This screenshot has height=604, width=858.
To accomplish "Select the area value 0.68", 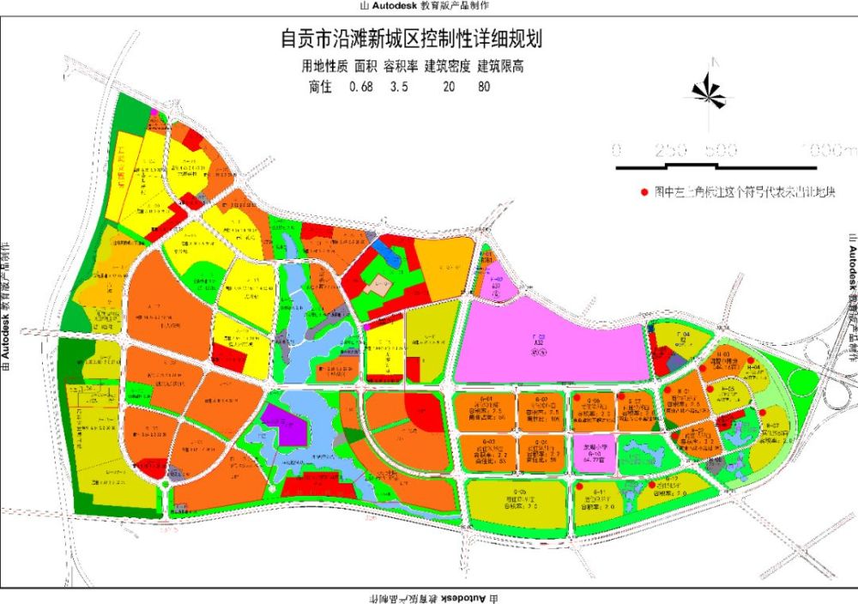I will coord(360,86).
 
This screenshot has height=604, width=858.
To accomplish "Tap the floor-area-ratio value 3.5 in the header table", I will coord(399,86).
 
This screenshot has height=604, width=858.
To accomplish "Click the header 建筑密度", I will coord(444,66).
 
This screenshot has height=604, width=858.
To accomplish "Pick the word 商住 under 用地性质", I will coord(319,86).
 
